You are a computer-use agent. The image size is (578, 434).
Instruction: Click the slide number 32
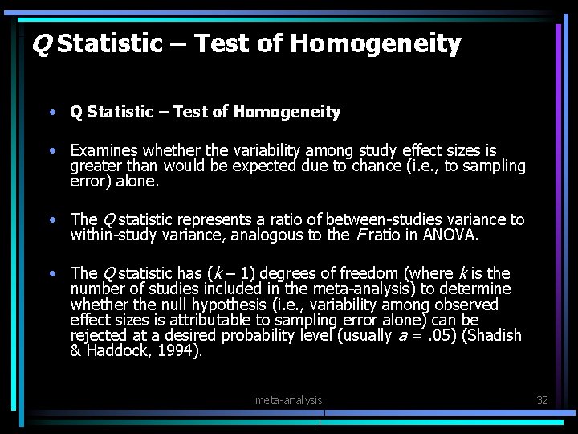(542, 399)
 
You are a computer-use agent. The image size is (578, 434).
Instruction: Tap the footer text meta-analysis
(288, 399)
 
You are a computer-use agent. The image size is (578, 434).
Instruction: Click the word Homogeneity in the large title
(376, 43)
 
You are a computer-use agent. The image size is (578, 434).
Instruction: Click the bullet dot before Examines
(51, 150)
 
